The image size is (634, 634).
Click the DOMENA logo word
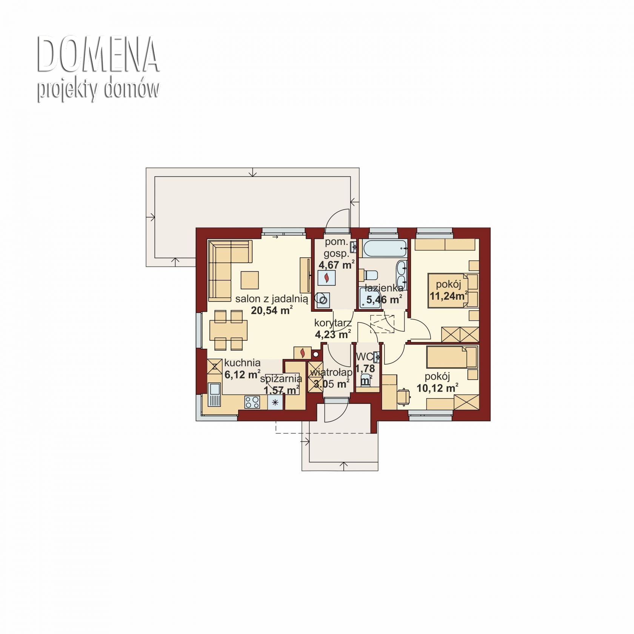coord(98,54)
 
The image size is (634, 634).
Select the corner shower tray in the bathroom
coord(369,298)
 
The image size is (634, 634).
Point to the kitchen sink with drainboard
coord(214,395)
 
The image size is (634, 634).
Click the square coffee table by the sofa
coord(249,280)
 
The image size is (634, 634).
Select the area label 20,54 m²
coord(272,310)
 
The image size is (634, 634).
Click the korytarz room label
coord(333,323)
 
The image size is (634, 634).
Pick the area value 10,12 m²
coord(437,388)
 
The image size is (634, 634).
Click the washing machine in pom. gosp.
coord(323,300)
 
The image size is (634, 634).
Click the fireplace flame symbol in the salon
coord(302,352)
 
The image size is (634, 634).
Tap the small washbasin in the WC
coord(376,357)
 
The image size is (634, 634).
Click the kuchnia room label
coord(242,363)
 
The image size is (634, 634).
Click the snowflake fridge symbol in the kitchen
coord(275,402)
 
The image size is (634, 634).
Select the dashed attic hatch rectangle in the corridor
coord(383,323)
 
